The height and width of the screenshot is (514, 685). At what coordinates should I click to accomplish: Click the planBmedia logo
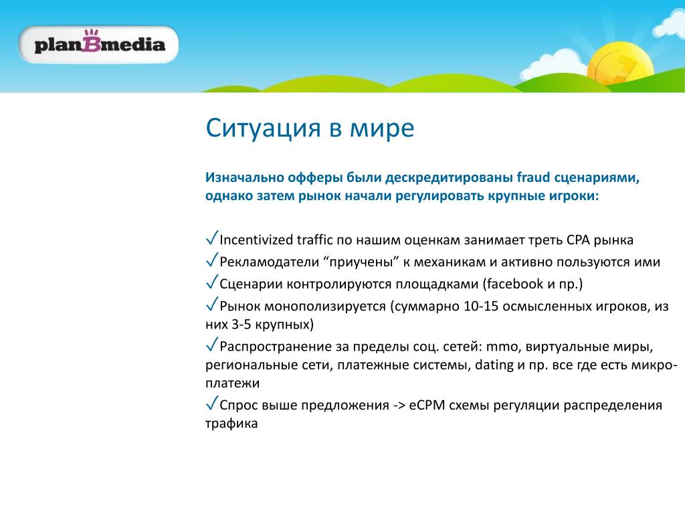click(98, 44)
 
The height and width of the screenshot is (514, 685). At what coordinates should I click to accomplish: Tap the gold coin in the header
click(620, 66)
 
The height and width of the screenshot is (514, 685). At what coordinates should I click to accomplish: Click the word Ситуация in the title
click(264, 128)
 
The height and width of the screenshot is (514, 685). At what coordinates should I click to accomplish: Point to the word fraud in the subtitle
click(533, 177)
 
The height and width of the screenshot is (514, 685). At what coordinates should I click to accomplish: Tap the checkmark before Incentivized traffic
click(212, 238)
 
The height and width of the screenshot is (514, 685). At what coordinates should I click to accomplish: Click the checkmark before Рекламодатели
click(212, 260)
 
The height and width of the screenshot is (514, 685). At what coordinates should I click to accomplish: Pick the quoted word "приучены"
click(361, 262)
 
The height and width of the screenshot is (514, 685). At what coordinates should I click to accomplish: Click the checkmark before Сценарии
click(212, 282)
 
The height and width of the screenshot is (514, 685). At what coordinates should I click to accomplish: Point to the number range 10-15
click(480, 307)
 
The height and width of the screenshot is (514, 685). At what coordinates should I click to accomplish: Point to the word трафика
click(231, 424)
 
